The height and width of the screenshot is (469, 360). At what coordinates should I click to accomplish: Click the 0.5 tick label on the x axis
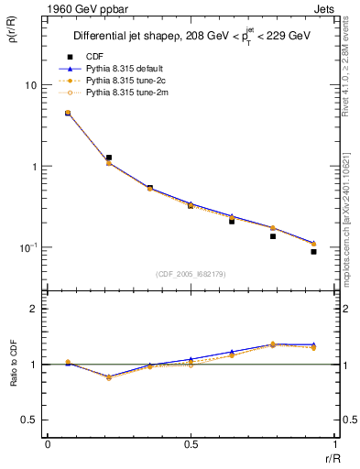click(191, 442)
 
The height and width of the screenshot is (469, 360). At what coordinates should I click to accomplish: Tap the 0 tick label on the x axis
click(48, 442)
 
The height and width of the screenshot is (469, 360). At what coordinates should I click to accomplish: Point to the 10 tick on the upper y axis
click(30, 85)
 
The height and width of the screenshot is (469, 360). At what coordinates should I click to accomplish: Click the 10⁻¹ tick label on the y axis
click(28, 248)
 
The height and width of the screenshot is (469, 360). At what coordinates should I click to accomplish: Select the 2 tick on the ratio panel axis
click(33, 310)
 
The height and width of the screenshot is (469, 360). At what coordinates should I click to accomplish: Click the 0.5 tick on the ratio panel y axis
click(29, 420)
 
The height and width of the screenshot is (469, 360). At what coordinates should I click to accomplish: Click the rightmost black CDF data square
click(313, 251)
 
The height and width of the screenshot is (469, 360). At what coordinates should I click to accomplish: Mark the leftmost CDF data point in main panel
click(68, 113)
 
